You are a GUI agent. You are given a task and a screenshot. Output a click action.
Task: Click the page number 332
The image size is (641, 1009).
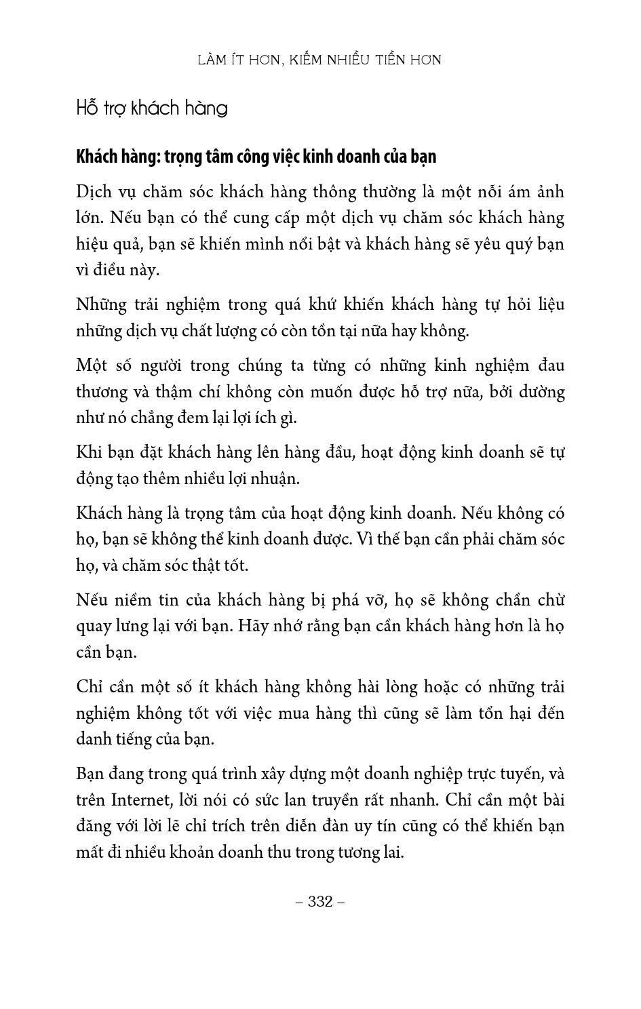coord(320,901)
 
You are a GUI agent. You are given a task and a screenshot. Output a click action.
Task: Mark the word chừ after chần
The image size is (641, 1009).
coord(551,600)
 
